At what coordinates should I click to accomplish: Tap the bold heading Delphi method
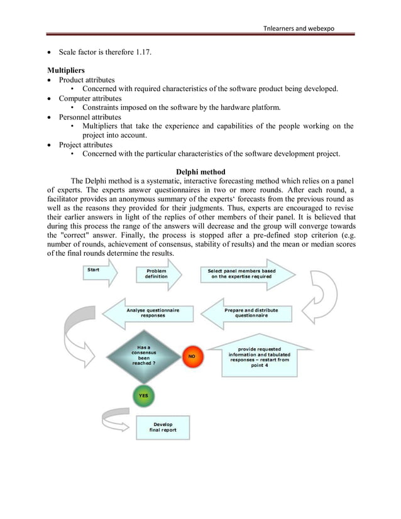point(200,173)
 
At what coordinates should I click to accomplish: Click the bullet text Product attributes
point(87,80)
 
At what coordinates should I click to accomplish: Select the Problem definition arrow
point(158,276)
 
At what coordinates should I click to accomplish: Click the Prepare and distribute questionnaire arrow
point(244,313)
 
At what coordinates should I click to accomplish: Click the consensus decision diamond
point(143,355)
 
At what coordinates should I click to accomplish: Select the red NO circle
point(191,356)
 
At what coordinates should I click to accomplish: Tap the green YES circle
point(143,395)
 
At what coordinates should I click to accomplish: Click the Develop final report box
point(163,427)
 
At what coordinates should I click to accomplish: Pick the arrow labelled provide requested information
point(260,356)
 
